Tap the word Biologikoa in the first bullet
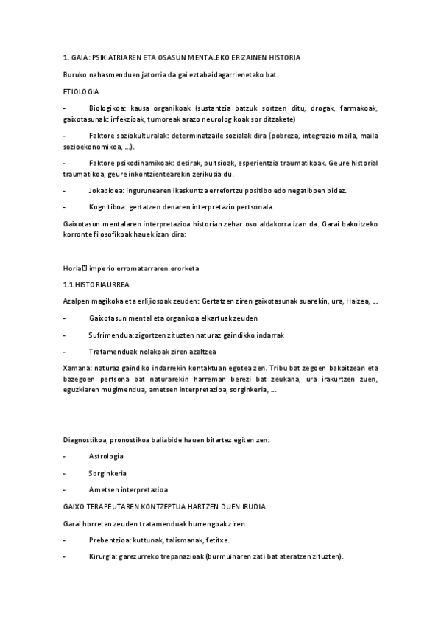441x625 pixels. pyautogui.click(x=105, y=108)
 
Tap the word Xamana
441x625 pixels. pyautogui.click(x=77, y=365)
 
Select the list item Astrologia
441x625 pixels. pyautogui.click(x=106, y=457)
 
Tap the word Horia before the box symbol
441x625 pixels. pyautogui.click(x=72, y=267)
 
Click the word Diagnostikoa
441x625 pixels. pyautogui.click(x=85, y=440)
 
